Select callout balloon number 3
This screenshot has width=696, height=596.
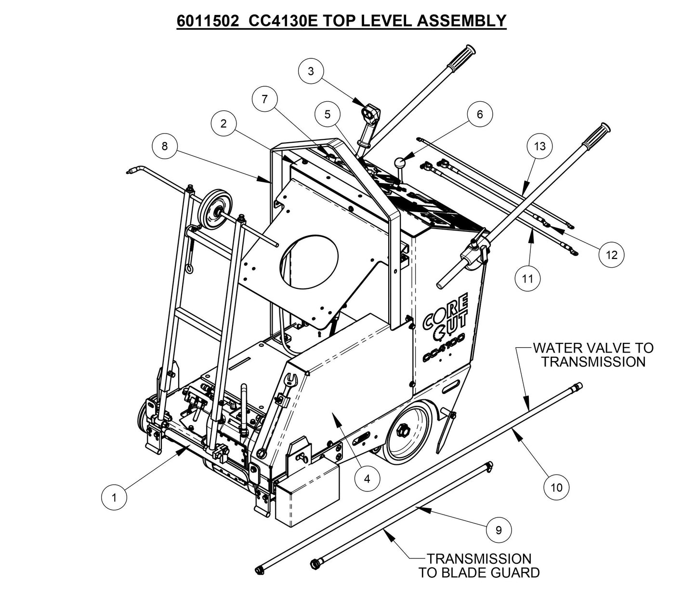point(311,71)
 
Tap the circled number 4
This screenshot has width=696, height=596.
point(367,479)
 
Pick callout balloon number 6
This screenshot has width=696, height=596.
point(479,114)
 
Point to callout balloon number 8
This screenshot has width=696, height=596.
point(165,146)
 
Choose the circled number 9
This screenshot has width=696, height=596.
point(499,530)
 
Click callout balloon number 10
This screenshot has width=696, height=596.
point(556,488)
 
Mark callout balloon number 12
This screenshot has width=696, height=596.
point(611,254)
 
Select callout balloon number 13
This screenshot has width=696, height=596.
point(540,145)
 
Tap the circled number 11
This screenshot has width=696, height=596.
point(528,278)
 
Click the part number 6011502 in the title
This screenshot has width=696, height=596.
point(210,21)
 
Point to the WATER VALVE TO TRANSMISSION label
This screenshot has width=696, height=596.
point(592,354)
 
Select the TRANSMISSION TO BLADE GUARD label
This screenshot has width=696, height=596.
point(479,566)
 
